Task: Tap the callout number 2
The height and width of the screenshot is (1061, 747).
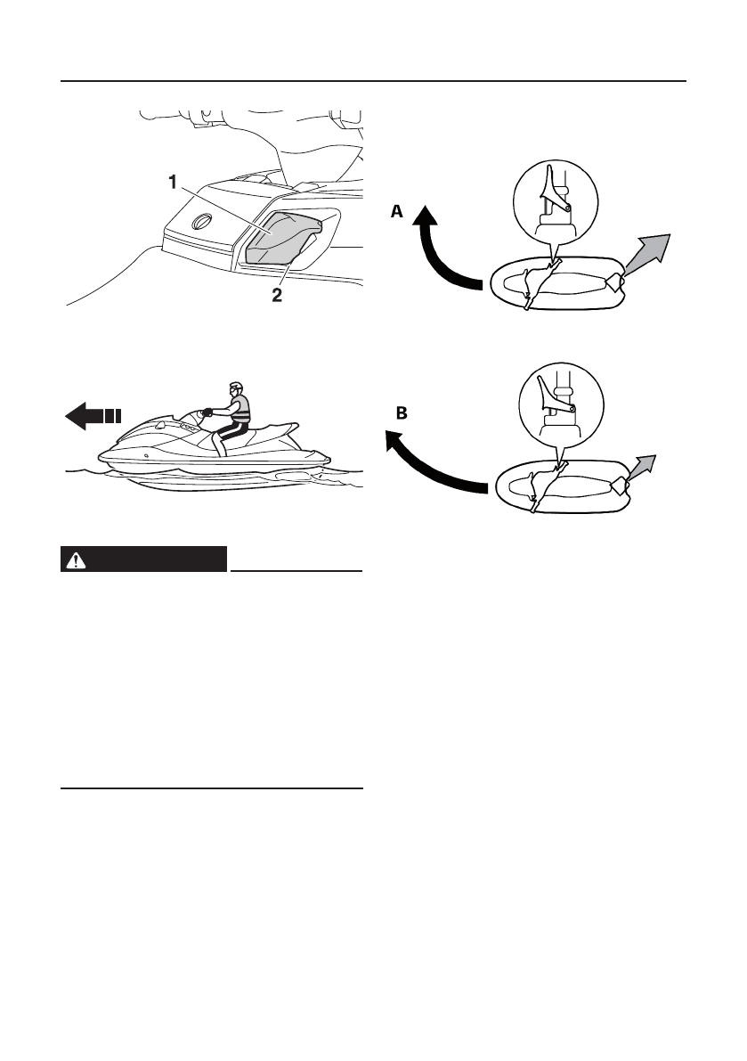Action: (x=276, y=296)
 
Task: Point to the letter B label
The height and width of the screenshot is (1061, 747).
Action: (x=402, y=413)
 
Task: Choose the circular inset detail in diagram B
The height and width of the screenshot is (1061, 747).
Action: (x=554, y=405)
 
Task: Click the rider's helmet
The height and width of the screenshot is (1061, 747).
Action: (x=234, y=388)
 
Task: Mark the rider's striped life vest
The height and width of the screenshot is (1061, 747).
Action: (x=240, y=411)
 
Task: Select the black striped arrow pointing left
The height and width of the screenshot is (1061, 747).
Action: (x=92, y=415)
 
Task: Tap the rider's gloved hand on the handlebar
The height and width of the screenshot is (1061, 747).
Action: (x=207, y=412)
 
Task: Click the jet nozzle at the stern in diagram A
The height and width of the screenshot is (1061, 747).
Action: (x=613, y=282)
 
